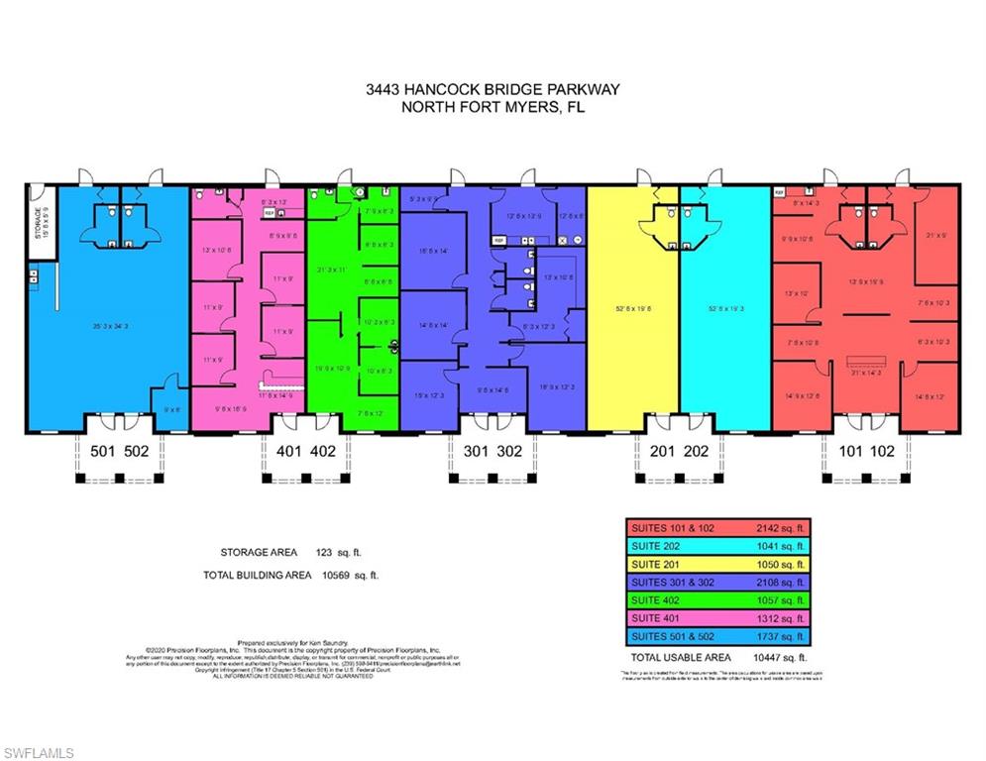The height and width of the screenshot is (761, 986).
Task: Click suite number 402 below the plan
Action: point(322,451)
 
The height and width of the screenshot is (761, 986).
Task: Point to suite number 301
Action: point(477,451)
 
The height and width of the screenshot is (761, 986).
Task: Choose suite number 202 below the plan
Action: point(696,451)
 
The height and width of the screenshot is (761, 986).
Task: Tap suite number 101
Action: point(851,451)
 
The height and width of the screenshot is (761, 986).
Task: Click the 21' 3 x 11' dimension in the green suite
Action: point(330,270)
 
